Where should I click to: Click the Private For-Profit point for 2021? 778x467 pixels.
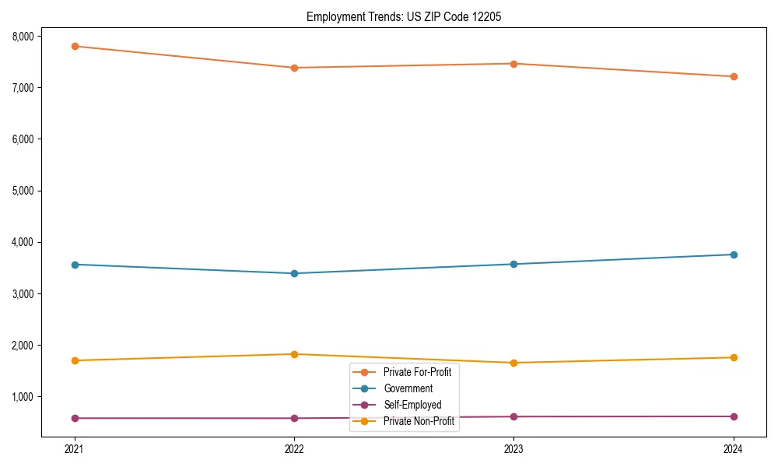coord(75,46)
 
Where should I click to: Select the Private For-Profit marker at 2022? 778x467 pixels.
coord(294,68)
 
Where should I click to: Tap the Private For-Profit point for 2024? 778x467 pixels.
coord(734,76)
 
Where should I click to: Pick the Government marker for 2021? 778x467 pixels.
coord(75,265)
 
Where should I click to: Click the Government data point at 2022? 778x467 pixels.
coord(294,273)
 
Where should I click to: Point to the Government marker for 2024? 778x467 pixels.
coord(734,255)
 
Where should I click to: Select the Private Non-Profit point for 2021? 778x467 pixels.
coord(75,360)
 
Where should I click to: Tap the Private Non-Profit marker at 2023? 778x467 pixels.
coord(514,363)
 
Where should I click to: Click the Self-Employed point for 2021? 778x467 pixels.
coord(75,418)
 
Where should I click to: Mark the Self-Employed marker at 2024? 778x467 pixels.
coord(734,416)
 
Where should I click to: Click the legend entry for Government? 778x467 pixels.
coord(408,388)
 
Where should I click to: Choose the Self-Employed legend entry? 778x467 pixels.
coord(412,405)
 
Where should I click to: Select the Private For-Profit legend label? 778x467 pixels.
coord(417,372)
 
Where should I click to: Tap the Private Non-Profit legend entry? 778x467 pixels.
coord(419,421)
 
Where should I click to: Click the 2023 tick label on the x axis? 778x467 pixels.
coord(514,448)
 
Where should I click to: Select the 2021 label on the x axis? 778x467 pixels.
coord(75,448)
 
